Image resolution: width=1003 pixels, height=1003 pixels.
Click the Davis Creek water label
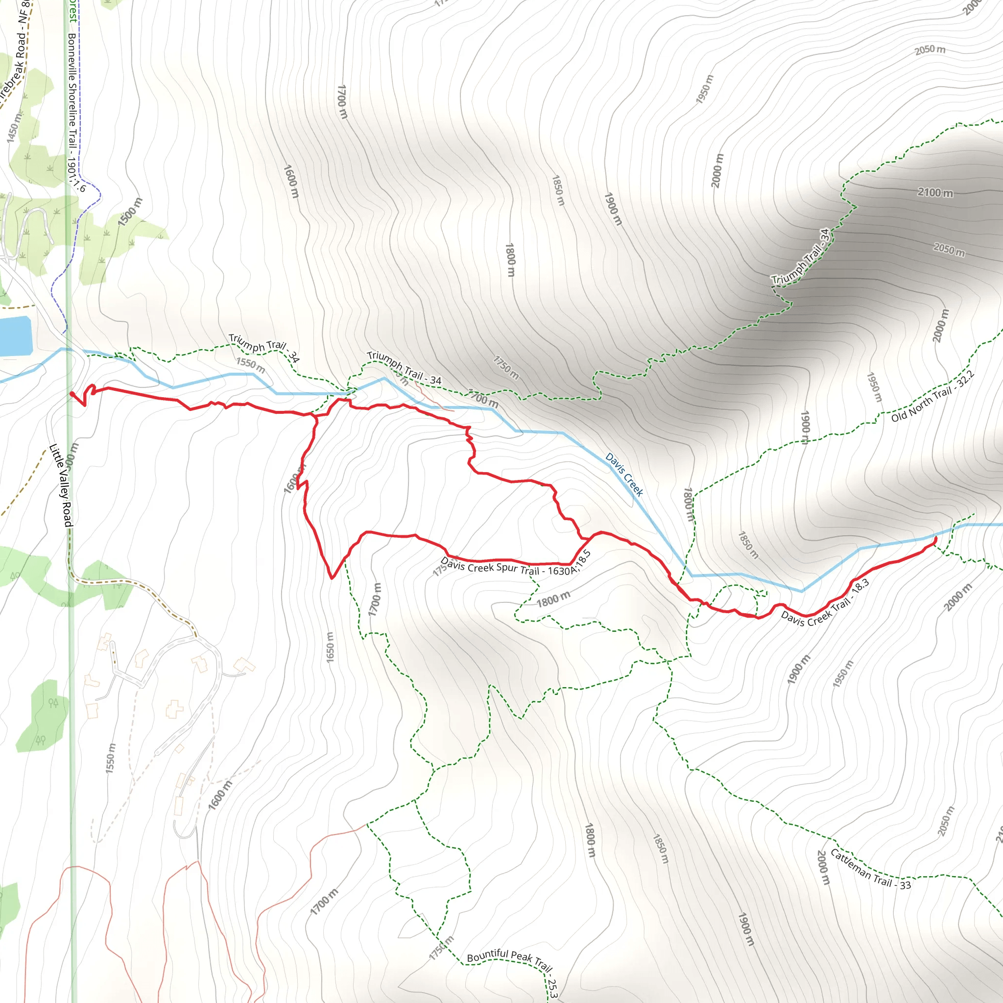624,475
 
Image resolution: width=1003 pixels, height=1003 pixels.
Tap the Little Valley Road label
61,485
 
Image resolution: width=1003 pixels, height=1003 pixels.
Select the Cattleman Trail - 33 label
871,870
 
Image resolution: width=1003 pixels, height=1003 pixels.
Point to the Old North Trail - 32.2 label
932,397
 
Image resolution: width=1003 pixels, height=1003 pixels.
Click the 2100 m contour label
935,192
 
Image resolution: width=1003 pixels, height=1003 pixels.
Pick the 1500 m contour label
130,212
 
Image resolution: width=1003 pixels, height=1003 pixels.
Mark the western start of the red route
71,394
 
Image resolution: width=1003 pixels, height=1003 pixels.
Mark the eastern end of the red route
935,538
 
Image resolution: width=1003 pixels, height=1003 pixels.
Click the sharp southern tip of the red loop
332,578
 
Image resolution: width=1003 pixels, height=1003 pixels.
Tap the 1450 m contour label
15,127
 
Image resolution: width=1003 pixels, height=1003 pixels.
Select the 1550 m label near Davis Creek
251,365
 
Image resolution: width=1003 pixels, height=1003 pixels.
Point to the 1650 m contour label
330,647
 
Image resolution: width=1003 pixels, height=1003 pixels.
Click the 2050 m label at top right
930,50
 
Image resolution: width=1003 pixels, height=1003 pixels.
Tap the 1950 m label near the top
705,89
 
